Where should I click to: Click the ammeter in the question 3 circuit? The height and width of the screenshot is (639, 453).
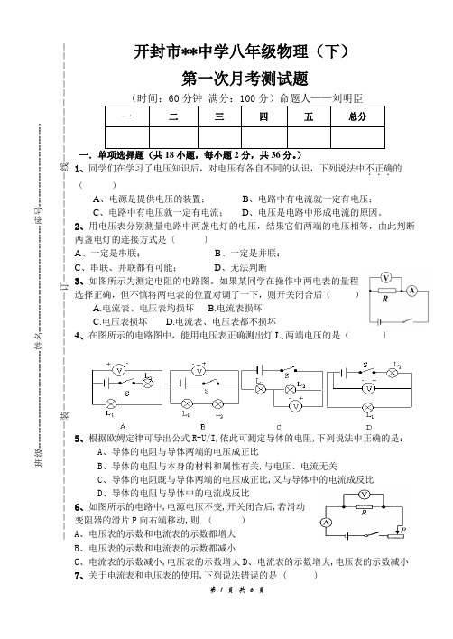click(x=411, y=291)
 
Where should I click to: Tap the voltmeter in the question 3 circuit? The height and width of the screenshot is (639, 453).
click(x=385, y=278)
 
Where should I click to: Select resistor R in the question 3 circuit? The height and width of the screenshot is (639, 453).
click(x=386, y=291)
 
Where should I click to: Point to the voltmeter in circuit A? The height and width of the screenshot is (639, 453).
click(x=119, y=370)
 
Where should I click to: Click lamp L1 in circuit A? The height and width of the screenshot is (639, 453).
click(x=110, y=403)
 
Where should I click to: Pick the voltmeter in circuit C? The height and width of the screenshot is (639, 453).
click(x=296, y=405)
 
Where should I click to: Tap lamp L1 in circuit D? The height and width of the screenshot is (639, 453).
click(x=368, y=407)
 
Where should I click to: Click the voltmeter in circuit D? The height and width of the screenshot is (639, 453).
click(x=368, y=388)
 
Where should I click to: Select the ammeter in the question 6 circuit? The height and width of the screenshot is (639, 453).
click(x=326, y=523)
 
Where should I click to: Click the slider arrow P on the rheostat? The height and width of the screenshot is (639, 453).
click(x=402, y=525)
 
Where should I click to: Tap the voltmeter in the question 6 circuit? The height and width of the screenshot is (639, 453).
click(x=365, y=495)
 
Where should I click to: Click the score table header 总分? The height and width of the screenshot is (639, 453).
click(x=357, y=116)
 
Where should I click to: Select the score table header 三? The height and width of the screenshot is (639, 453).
click(x=219, y=116)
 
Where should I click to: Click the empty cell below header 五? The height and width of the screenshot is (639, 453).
click(x=309, y=137)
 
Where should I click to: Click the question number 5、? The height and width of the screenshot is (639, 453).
click(x=79, y=439)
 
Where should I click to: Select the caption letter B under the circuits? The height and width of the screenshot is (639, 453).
click(x=202, y=427)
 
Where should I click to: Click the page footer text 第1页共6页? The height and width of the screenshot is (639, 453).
click(x=237, y=589)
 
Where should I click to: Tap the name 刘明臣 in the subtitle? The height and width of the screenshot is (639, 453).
click(x=347, y=98)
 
